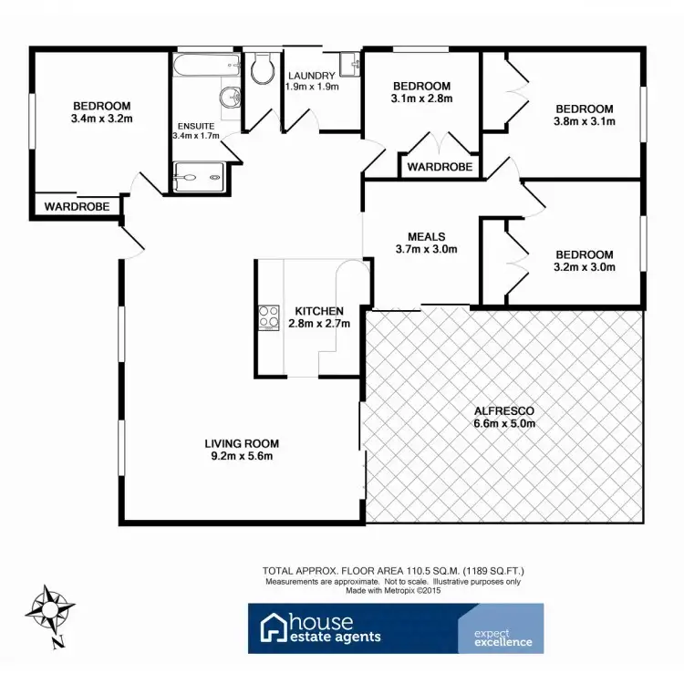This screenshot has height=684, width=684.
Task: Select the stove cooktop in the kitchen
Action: pos(270,317)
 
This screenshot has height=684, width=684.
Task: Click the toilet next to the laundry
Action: pos(261,68)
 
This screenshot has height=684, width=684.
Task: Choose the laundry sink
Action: pos(350,64)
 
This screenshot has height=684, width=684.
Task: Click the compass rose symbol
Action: pos(52,609)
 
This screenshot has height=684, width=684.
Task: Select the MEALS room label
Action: pos(426,235)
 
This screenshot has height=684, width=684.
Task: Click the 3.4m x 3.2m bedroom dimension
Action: pos(102,118)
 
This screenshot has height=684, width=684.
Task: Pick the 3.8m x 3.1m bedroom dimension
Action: pos(585,120)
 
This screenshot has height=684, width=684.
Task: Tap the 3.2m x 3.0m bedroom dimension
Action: pos(585,267)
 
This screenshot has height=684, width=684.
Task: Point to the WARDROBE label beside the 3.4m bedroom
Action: pos(78,207)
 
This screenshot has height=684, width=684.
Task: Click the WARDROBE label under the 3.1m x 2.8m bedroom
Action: pos(440,167)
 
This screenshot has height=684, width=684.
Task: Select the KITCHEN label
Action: pos(313,311)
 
